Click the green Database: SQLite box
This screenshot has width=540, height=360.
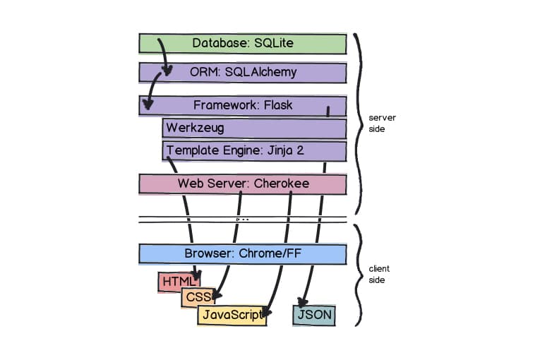[242, 44]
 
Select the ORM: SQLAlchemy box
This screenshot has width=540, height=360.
[242, 73]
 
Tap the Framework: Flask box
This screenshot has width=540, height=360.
[242, 106]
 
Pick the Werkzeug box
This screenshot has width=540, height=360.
[254, 128]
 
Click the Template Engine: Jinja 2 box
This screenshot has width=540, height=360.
[254, 150]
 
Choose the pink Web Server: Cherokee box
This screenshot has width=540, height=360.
[242, 184]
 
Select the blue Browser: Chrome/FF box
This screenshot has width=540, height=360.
[242, 253]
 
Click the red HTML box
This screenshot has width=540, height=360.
[174, 282]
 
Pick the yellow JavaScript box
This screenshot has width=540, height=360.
[232, 315]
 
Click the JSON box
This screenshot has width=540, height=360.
[314, 315]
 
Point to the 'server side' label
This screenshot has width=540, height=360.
[378, 124]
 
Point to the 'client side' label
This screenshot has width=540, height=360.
[378, 275]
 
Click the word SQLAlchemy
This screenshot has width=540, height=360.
[261, 72]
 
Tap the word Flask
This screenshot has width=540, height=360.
[278, 106]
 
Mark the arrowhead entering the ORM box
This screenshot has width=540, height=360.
[168, 71]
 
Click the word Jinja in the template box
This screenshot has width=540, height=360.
[282, 150]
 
